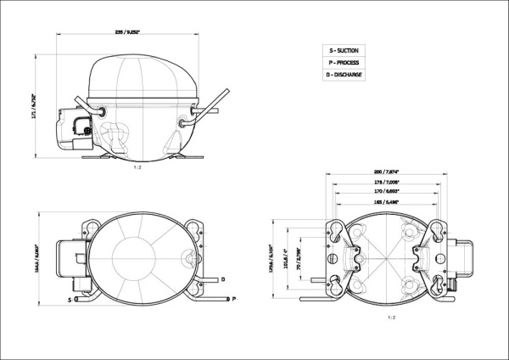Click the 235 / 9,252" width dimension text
coord(127,32)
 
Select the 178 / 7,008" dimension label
coord(388,183)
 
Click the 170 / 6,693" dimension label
coord(388,193)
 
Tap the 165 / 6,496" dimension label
coord(388,204)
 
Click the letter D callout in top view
coord(222,278)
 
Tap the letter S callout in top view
coord(70,300)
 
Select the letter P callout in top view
coord(233,299)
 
